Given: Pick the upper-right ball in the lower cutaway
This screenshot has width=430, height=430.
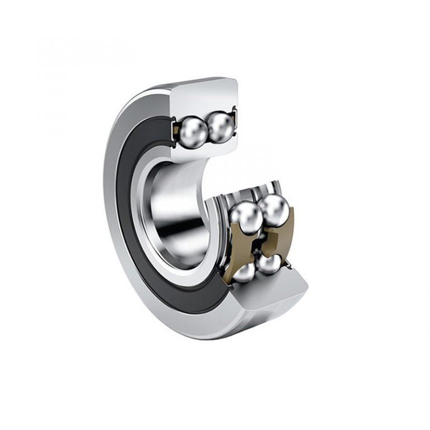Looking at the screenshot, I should click(x=274, y=209).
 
